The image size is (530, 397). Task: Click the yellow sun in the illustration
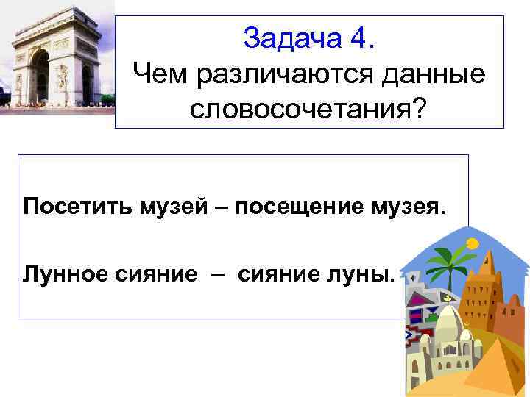[471, 241]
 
